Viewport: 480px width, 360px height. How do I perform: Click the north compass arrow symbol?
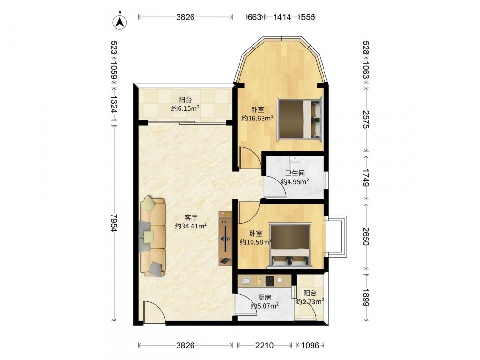(120, 22)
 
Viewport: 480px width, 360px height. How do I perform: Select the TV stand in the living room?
(225, 238)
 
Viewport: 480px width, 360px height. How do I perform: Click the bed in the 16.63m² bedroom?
(300, 119)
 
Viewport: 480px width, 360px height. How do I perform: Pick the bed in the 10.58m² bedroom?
(290, 246)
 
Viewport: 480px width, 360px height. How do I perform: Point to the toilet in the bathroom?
(295, 160)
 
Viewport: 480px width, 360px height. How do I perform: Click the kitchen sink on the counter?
(246, 280)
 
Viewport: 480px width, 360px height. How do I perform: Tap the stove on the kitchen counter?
(269, 281)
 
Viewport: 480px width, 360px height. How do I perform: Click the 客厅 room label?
(191, 217)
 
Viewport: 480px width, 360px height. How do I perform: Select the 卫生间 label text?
(295, 173)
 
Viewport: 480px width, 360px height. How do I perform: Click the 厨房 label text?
(264, 297)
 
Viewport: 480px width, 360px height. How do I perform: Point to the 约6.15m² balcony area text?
(185, 108)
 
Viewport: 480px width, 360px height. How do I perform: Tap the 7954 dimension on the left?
(114, 223)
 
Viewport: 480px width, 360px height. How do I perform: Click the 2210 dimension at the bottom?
(264, 346)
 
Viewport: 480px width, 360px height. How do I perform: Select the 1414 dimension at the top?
(282, 17)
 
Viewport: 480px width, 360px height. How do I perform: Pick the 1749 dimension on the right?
(366, 178)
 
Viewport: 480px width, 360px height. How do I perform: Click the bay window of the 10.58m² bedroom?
(336, 237)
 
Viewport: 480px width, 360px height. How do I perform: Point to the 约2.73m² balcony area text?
(310, 302)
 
